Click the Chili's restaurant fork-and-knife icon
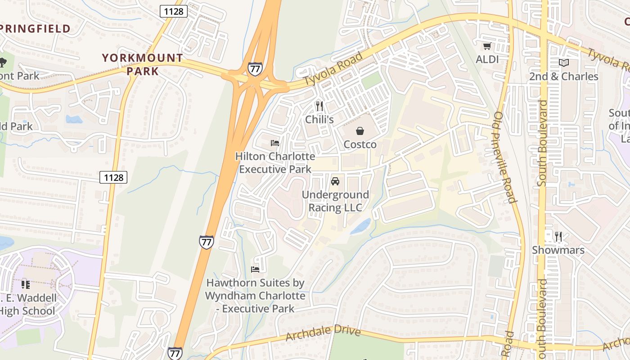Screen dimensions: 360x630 (x=319, y=106)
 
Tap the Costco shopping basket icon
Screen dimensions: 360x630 (x=360, y=131)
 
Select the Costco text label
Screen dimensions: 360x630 (x=360, y=144)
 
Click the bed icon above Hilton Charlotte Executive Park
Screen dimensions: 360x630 (x=275, y=143)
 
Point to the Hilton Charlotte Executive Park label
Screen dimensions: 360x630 (x=275, y=163)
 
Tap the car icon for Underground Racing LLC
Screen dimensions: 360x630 (x=335, y=181)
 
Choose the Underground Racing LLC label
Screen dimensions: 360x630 (x=335, y=201)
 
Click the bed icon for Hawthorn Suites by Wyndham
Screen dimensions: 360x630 (x=255, y=270)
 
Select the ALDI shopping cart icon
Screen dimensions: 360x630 (x=487, y=46)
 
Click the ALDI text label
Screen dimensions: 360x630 (x=487, y=59)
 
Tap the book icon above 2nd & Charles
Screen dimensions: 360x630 (x=563, y=63)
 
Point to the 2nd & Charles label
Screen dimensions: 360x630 (x=563, y=76)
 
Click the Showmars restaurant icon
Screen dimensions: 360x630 (x=558, y=237)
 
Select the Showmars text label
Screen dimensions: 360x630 (x=558, y=250)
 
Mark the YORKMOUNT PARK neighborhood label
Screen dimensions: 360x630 (x=142, y=64)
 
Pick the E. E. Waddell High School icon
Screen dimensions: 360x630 (x=26, y=284)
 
